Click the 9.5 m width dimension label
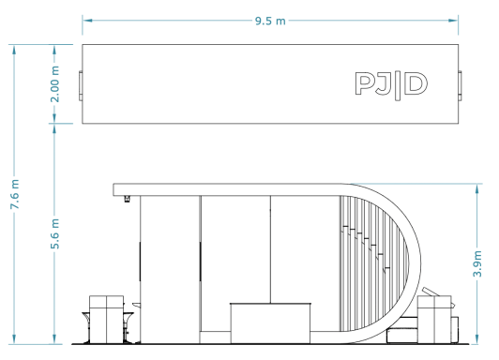270,21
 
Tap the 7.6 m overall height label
15,194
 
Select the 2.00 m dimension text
54,84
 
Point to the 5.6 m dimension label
54,233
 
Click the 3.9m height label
477,263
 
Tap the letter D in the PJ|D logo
416,83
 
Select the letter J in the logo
383,84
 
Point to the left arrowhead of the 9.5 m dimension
87,21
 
